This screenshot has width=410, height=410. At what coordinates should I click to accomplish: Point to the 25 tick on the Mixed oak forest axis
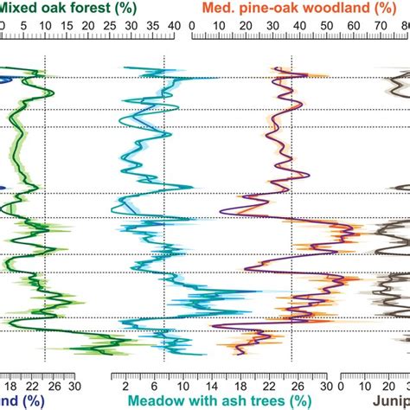click(110, 28)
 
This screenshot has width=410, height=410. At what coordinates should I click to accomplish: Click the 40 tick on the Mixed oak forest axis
click(174, 28)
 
